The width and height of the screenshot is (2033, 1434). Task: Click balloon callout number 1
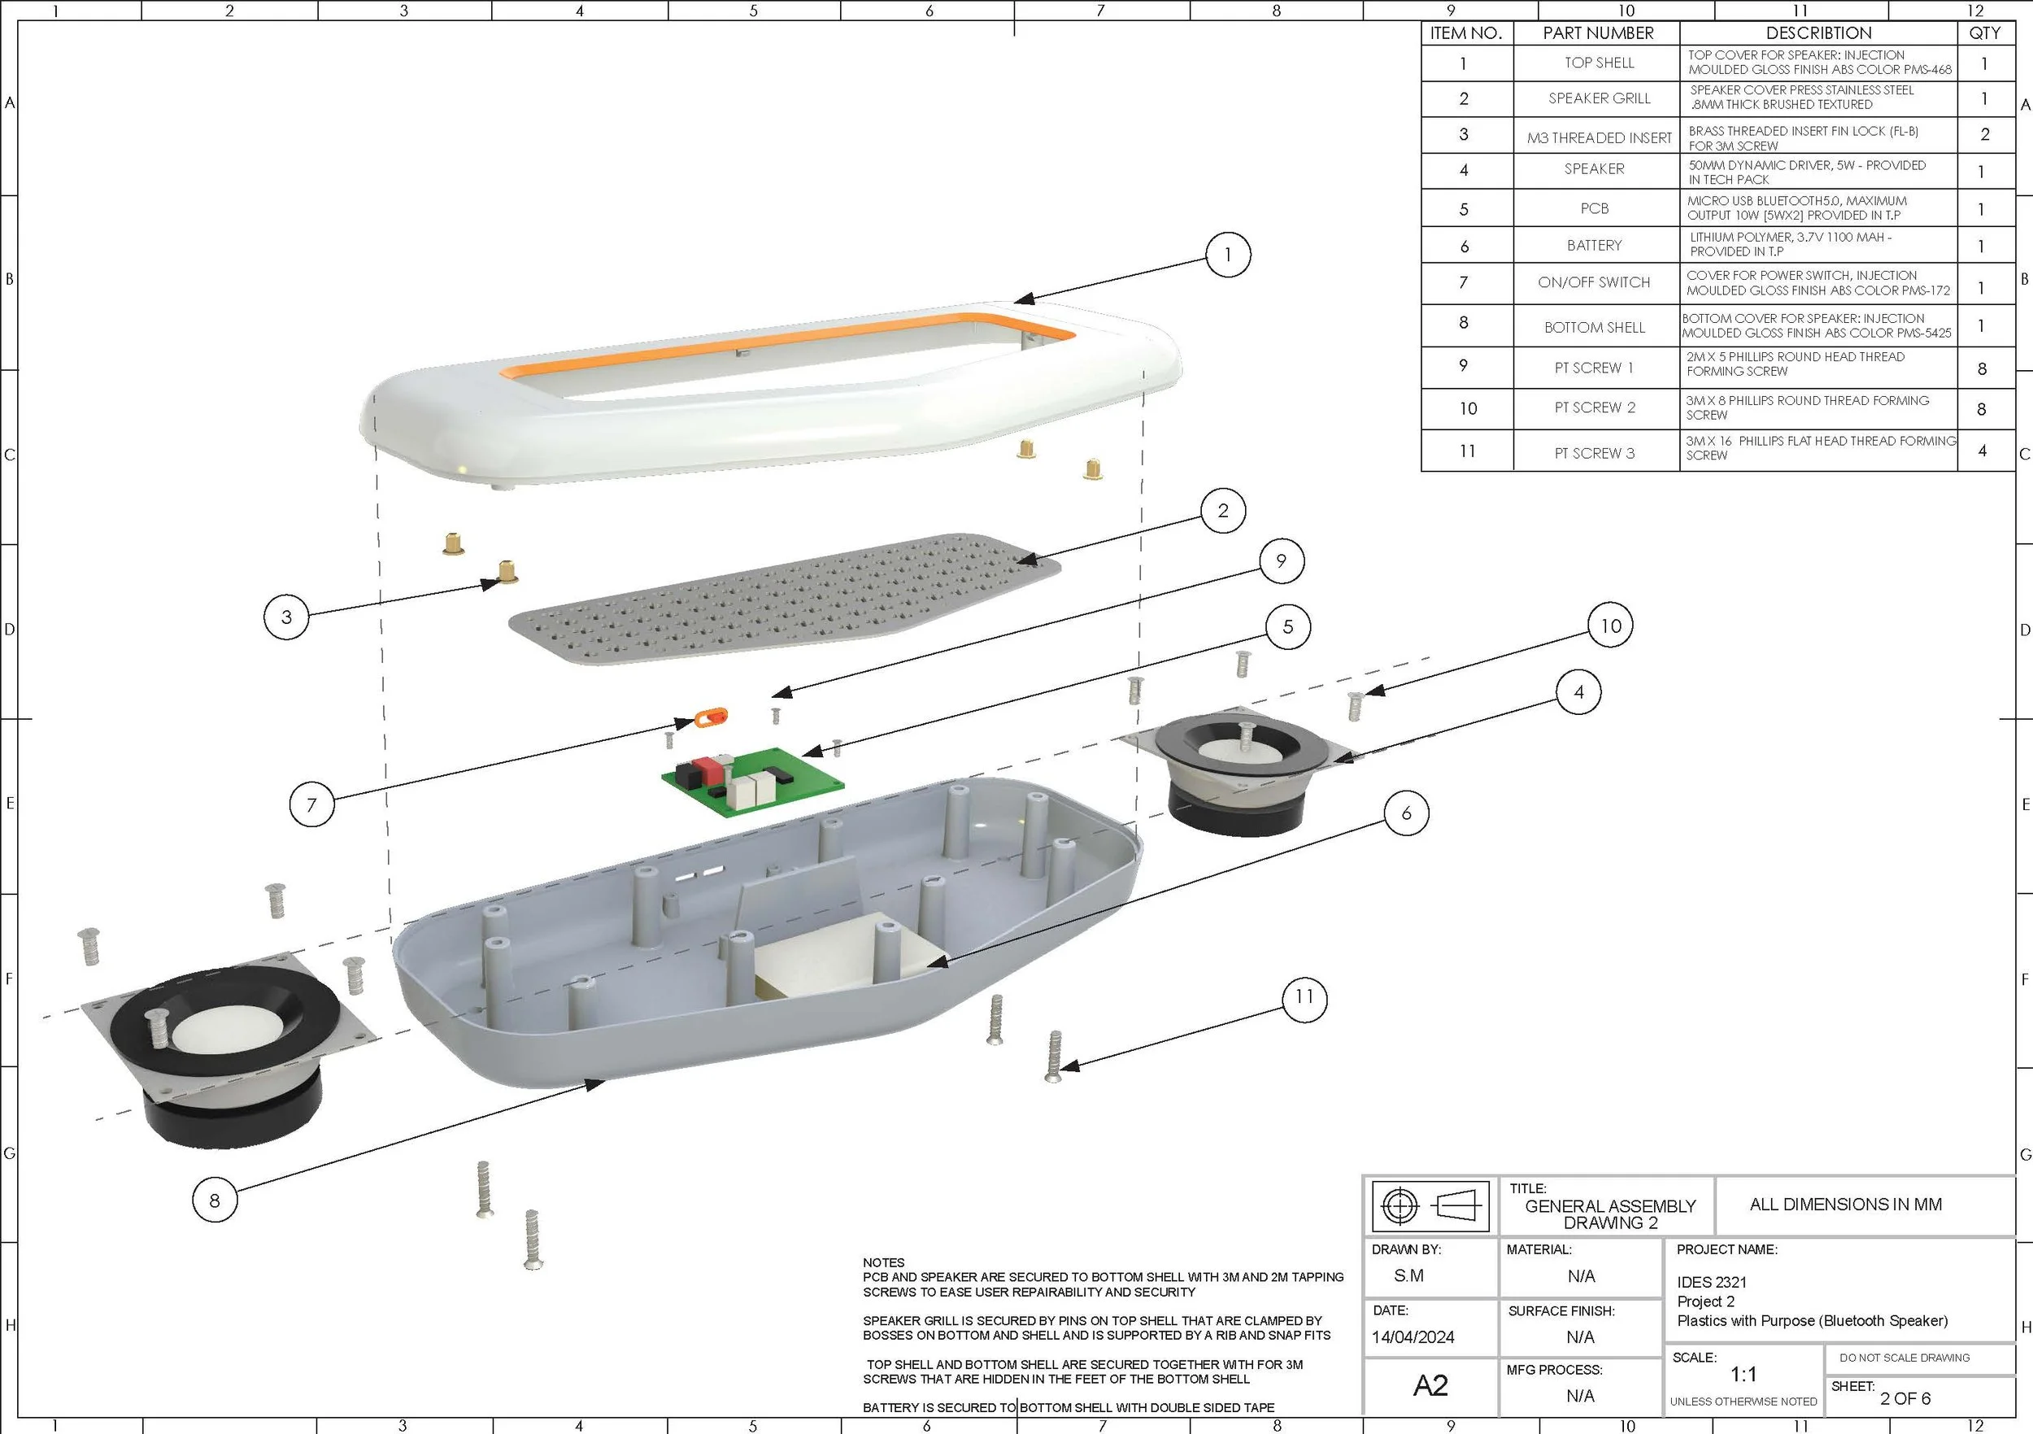pos(1227,255)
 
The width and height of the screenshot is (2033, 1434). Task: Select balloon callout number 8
pos(215,1201)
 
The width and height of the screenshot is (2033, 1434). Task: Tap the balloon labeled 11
pos(1304,997)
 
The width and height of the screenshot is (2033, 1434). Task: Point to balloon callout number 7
pos(311,804)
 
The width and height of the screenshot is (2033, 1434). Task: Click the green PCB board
pos(753,780)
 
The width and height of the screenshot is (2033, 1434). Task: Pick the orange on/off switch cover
pos(710,717)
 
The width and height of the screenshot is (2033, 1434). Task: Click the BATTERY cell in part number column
pos(1595,246)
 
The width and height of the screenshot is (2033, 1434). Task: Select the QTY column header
pos(1984,33)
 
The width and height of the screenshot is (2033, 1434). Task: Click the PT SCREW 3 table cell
pos(1595,452)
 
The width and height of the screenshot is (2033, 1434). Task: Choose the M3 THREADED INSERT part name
pos(1599,137)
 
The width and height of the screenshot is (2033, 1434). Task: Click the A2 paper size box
pos(1430,1385)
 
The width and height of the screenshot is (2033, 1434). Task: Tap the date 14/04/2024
pos(1413,1336)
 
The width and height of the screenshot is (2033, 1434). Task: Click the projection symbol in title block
pos(1430,1205)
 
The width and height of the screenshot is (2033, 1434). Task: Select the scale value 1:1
pos(1744,1375)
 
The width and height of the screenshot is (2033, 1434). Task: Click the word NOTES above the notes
pos(884,1262)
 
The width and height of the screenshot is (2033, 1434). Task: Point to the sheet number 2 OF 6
pos(1905,1398)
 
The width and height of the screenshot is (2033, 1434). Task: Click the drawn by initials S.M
pos(1408,1275)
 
